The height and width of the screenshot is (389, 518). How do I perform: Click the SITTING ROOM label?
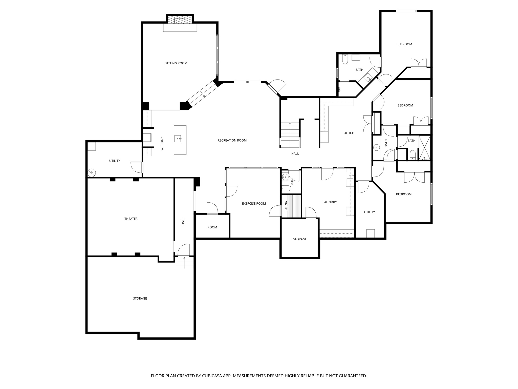176,63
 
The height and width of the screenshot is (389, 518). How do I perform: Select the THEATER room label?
131,219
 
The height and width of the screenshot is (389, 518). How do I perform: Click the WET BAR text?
162,144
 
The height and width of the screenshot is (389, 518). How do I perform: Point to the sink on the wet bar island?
178,139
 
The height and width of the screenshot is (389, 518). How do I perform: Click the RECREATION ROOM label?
232,141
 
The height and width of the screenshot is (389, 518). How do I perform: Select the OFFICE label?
348,133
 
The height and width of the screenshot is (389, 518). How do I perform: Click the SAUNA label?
286,206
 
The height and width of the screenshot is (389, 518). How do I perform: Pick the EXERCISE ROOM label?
254,204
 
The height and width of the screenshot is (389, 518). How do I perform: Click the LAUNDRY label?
329,202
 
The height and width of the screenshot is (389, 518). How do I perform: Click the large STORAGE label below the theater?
140,299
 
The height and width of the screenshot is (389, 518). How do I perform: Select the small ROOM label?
212,227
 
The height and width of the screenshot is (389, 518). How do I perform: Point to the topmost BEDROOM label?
404,44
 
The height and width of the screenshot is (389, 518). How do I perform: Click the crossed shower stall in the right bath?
425,148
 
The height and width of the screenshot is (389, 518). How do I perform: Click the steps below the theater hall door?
184,263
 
